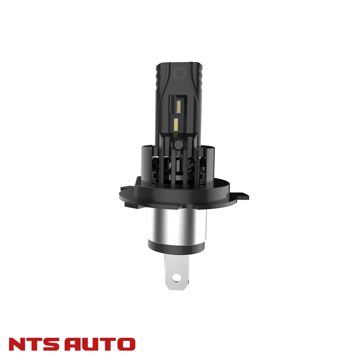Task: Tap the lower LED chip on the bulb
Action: [x=176, y=124]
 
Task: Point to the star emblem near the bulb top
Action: [x=179, y=73]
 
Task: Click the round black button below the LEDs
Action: [x=178, y=144]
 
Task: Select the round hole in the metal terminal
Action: [x=176, y=278]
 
